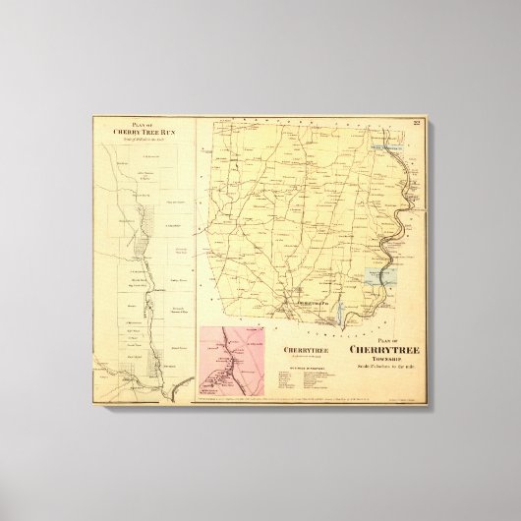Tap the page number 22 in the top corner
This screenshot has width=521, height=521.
417,122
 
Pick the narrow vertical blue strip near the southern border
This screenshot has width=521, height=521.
340,314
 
